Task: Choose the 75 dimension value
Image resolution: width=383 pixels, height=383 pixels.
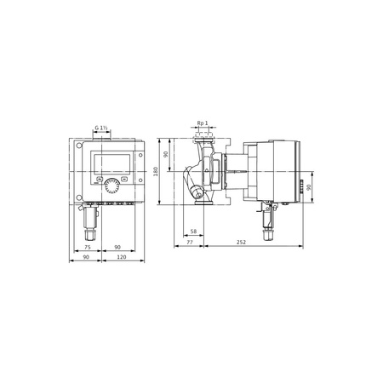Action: click(88, 248)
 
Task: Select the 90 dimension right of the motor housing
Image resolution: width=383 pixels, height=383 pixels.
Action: click(309, 188)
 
